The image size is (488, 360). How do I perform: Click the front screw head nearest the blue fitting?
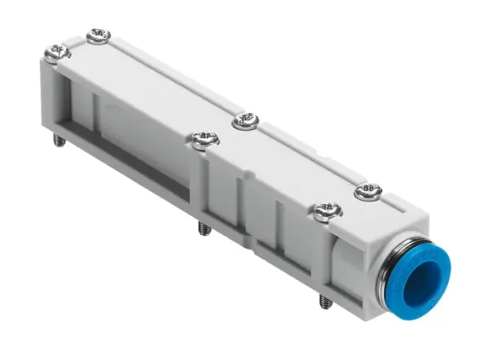325,211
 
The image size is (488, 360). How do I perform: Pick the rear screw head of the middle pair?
245,123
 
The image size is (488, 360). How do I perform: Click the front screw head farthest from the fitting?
54,54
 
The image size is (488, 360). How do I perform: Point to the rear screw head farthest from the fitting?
98,36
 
